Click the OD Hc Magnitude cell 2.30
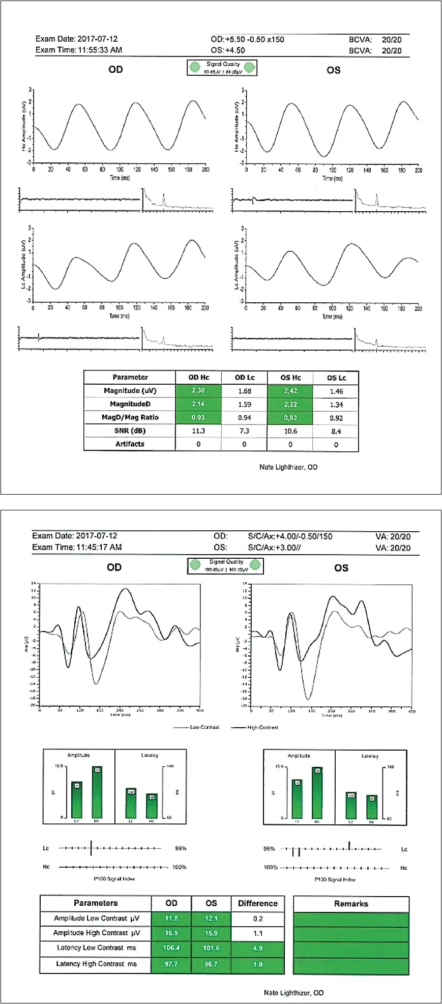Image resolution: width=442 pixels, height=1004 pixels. [x=198, y=391]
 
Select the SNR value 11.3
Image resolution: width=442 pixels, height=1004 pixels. [x=198, y=431]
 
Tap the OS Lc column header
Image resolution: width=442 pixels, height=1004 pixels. [x=336, y=378]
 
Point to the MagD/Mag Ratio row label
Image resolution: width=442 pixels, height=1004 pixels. [x=130, y=417]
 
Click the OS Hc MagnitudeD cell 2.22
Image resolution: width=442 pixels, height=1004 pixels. [x=290, y=404]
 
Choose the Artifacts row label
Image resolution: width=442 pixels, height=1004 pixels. [x=130, y=444]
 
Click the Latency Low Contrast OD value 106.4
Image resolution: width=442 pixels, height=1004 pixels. [x=171, y=948]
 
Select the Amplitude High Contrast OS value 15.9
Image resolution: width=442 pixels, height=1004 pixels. [x=211, y=933]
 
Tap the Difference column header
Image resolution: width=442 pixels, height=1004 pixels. [x=258, y=903]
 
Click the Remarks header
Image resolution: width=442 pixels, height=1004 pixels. [x=351, y=904]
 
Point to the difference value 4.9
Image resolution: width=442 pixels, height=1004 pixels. [x=258, y=948]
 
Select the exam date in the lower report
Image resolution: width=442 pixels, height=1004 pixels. [x=97, y=536]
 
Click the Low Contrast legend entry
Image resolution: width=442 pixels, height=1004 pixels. [x=204, y=727]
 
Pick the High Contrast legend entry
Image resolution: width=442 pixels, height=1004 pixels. [x=262, y=727]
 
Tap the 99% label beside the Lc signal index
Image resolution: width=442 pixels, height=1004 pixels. [x=181, y=848]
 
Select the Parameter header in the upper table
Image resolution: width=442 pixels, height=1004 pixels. [x=130, y=377]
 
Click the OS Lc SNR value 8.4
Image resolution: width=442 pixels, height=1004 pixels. [x=336, y=431]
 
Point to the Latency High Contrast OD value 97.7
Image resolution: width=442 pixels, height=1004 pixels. [x=171, y=964]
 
